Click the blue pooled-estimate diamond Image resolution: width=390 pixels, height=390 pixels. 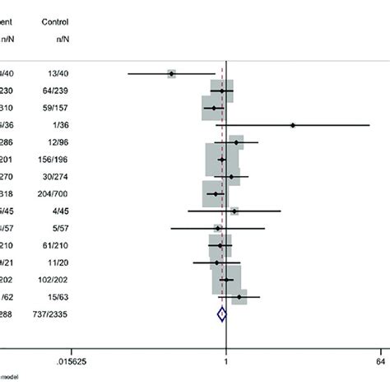click(221, 313)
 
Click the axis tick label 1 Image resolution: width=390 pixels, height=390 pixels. click(225, 360)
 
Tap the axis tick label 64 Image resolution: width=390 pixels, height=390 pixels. click(381, 360)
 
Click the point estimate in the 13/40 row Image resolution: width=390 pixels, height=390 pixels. click(171, 74)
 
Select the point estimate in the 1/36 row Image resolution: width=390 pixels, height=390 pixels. click(293, 125)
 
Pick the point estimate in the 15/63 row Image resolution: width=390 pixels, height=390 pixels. click(239, 296)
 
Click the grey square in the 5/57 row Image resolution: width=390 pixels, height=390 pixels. click(217, 228)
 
